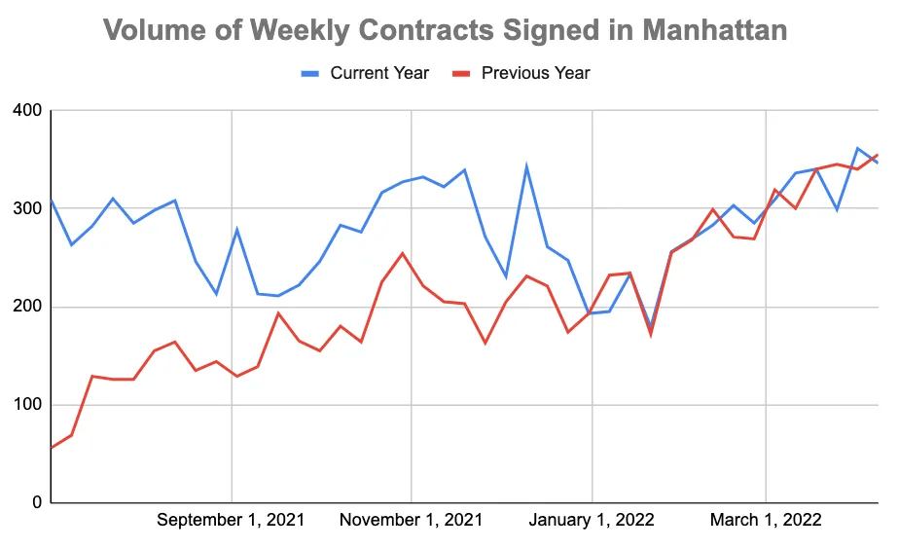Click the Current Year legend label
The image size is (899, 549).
click(x=378, y=73)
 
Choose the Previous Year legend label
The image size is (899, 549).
click(x=535, y=73)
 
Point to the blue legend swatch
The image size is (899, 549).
click(x=309, y=73)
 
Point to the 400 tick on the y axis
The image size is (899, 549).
click(x=26, y=111)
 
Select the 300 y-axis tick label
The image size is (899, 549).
click(x=26, y=208)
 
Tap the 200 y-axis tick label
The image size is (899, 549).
click(x=26, y=307)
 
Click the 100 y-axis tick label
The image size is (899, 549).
click(x=26, y=405)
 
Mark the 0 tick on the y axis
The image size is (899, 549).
click(x=36, y=503)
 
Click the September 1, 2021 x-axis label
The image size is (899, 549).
click(x=231, y=520)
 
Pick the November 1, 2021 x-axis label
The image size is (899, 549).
click(x=411, y=520)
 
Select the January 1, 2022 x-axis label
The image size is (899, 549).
click(x=592, y=520)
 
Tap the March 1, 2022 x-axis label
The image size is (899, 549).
click(x=766, y=520)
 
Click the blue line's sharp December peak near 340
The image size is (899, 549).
click(x=526, y=166)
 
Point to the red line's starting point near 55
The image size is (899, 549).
click(x=51, y=448)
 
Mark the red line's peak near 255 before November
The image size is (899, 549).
click(x=403, y=253)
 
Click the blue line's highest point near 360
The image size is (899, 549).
click(x=857, y=148)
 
